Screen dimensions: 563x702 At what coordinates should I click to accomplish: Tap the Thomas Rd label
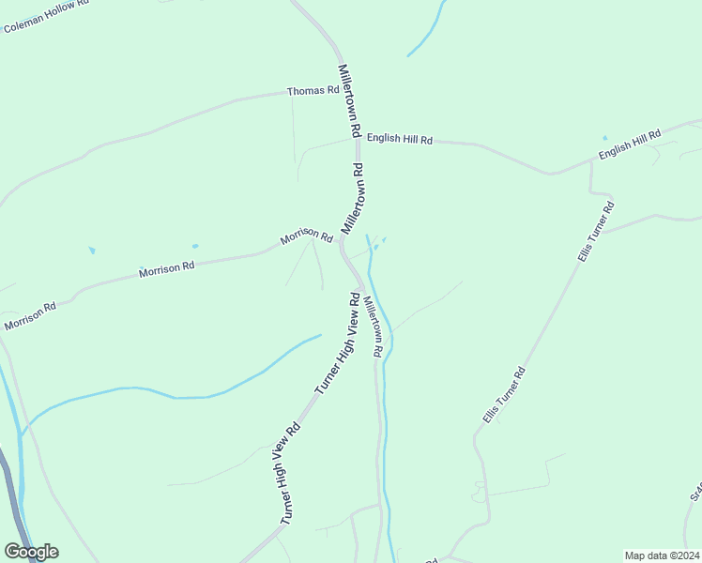tap(313, 91)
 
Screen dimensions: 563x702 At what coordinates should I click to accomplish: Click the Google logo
tap(31, 552)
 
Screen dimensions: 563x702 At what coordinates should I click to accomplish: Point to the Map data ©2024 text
tap(662, 555)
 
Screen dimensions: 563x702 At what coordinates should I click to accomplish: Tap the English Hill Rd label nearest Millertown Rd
tap(399, 139)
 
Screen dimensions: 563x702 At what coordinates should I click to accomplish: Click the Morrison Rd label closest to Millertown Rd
tap(307, 238)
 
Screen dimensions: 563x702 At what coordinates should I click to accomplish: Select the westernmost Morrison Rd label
tap(30, 316)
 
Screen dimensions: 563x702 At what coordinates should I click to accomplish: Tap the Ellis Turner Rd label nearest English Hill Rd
tap(595, 231)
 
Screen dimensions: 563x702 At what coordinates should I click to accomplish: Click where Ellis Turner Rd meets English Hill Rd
tap(591, 161)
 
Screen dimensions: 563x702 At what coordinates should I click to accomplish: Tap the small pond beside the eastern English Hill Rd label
tap(604, 138)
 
